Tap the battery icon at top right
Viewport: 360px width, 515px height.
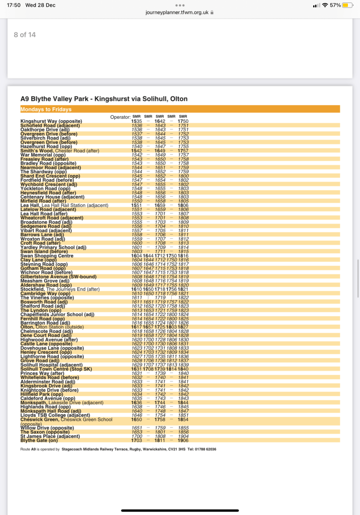(348, 5)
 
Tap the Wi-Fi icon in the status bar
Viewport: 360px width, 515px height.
(325, 5)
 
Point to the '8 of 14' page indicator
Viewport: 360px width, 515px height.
(25, 35)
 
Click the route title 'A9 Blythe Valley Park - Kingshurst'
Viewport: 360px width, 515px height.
(104, 99)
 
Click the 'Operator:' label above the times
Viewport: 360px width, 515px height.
(120, 117)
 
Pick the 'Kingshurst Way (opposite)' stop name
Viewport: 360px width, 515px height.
(51, 121)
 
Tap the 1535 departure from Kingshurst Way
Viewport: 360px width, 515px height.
(136, 121)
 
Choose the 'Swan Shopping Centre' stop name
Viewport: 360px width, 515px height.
(47, 256)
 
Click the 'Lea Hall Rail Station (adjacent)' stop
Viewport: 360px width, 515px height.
(68, 205)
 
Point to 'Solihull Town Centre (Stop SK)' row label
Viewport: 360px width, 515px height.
(56, 369)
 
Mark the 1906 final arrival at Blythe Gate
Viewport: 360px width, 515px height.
(183, 440)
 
